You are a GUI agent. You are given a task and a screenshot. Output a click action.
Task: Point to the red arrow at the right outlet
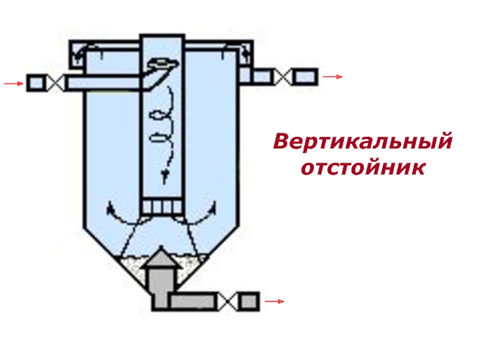tap(332, 77)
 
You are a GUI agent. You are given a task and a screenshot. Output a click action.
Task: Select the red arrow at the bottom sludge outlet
tap(274, 301)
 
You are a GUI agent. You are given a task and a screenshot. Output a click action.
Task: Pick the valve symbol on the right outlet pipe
tap(284, 77)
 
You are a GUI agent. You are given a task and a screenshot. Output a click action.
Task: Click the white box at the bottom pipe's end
tap(248, 301)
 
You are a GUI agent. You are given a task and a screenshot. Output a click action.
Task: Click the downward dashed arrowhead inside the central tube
tap(163, 173)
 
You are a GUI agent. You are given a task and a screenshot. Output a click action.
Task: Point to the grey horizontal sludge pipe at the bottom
tap(193, 301)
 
